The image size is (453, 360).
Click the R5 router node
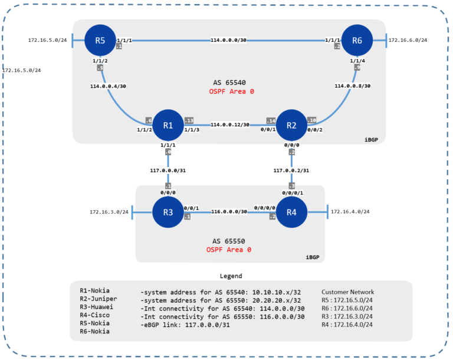(100, 41)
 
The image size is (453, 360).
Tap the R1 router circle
(168, 125)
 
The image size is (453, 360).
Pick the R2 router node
(291, 125)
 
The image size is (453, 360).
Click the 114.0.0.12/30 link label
(229, 125)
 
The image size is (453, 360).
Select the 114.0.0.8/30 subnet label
(352, 86)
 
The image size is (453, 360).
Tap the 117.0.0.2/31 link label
(291, 171)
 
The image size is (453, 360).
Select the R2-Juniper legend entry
(98, 299)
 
